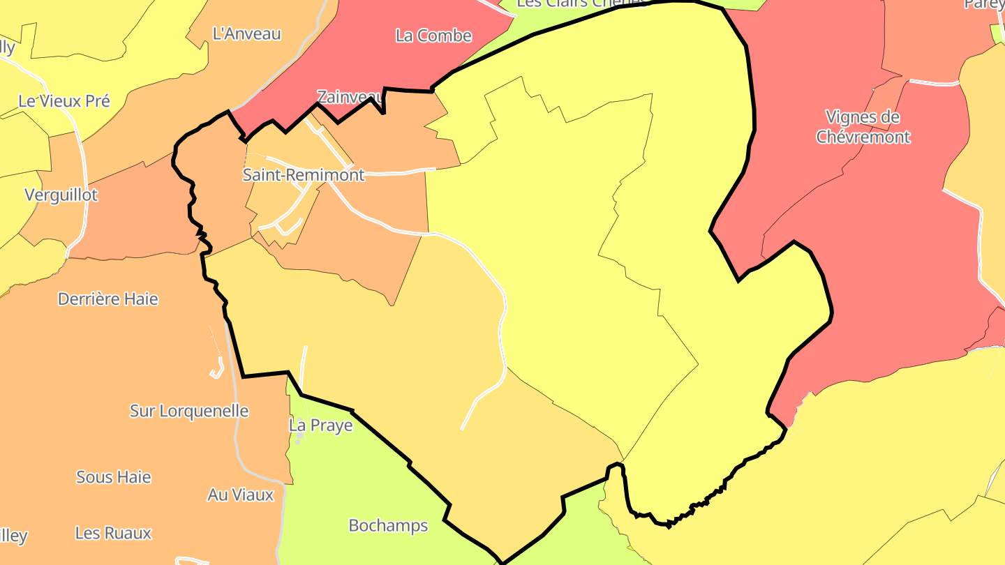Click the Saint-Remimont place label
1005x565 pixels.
coord(304,175)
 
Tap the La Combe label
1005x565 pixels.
coord(433,36)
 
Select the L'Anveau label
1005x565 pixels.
coord(246,33)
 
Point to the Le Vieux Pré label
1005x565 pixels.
coord(64,100)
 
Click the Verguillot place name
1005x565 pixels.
coord(61,195)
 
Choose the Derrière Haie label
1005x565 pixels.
coord(108,299)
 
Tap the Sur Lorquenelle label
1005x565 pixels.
coord(189,411)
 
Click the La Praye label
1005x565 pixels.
coord(321,425)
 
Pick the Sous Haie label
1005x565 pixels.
coord(114,477)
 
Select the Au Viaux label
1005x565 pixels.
coord(241,495)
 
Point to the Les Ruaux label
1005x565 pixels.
coord(113,534)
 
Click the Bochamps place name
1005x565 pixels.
coord(388,525)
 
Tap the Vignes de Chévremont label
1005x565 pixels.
coord(863,126)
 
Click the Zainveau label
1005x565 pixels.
coord(349,96)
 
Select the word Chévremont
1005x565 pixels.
coord(863,137)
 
